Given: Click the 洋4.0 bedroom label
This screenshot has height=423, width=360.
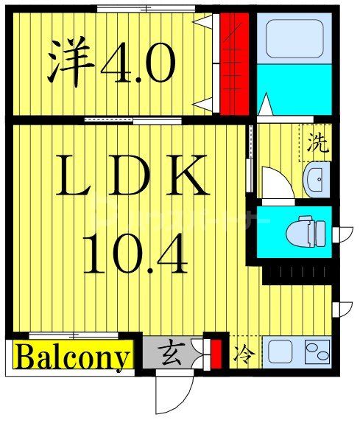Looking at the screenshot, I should [x=112, y=65].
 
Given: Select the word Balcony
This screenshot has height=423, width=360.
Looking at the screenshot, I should [x=72, y=358].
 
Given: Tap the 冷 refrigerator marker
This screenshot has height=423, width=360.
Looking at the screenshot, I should [x=242, y=354].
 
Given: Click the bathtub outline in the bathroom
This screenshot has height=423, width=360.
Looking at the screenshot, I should [x=293, y=38].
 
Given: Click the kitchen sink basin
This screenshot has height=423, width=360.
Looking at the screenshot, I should [x=280, y=352].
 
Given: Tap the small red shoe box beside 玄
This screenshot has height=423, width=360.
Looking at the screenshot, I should [x=216, y=352].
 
